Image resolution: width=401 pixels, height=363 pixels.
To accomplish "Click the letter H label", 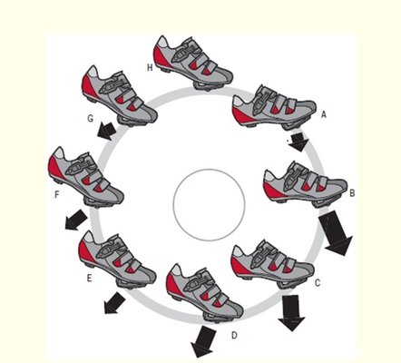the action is [x=150, y=68].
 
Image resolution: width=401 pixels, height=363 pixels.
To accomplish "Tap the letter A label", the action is [x=324, y=114].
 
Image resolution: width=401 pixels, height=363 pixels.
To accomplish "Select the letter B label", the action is [x=352, y=193].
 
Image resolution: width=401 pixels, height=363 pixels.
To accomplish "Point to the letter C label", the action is [x=318, y=282].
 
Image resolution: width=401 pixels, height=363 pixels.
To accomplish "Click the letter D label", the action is [x=234, y=335].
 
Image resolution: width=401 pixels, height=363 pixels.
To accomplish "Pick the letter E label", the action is [x=89, y=278].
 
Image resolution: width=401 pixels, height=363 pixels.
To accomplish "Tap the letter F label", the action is [x=56, y=194].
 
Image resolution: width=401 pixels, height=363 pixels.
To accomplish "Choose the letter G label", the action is [x=90, y=118].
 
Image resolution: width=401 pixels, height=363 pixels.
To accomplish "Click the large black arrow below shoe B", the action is [x=335, y=232].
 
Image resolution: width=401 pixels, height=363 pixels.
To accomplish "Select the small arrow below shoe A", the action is [x=298, y=142].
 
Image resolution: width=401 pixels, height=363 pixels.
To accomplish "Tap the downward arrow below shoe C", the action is [x=291, y=312].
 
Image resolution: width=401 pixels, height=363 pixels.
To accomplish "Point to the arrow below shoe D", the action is [x=203, y=342].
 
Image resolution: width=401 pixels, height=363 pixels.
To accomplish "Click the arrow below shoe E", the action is [x=114, y=303].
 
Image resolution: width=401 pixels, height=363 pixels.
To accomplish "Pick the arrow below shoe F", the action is [x=76, y=220].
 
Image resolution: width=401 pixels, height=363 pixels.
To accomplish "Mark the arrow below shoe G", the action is [x=107, y=131].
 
